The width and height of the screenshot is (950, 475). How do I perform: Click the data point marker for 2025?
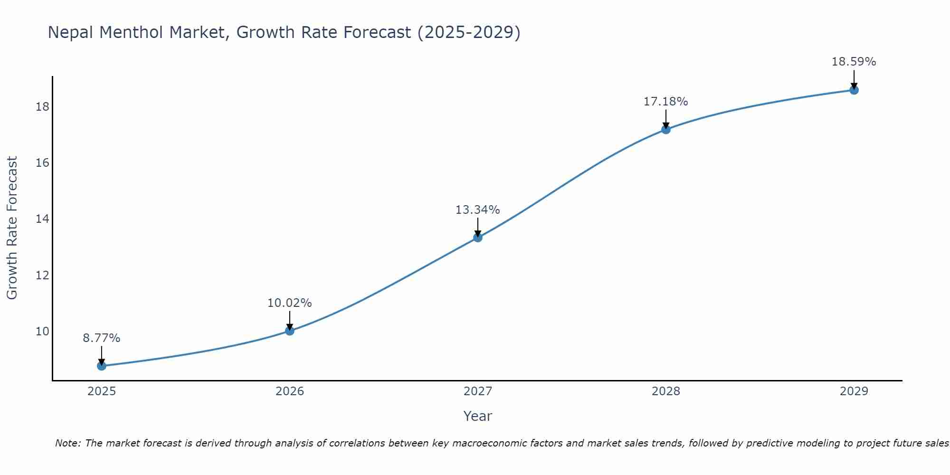pyautogui.click(x=102, y=366)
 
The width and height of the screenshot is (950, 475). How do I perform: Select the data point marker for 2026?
pyautogui.click(x=290, y=331)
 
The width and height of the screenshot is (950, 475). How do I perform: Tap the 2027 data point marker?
pyautogui.click(x=478, y=237)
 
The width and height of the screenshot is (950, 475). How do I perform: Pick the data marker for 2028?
pyautogui.click(x=666, y=129)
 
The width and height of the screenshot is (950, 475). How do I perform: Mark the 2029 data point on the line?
pyautogui.click(x=854, y=90)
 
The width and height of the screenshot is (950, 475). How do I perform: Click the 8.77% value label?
pyautogui.click(x=102, y=338)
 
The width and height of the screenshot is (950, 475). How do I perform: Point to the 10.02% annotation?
pyautogui.click(x=290, y=303)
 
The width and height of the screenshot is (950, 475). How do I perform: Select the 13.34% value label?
pyautogui.click(x=478, y=210)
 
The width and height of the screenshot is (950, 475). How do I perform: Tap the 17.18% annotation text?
pyautogui.click(x=666, y=102)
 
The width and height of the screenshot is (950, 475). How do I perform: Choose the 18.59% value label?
pyautogui.click(x=854, y=62)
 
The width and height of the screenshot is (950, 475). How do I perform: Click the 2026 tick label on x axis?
pyautogui.click(x=290, y=391)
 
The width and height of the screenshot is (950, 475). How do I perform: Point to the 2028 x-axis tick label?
pyautogui.click(x=666, y=391)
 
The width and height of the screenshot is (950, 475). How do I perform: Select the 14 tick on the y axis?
pyautogui.click(x=42, y=219)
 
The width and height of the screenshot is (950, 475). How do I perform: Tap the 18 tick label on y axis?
pyautogui.click(x=42, y=106)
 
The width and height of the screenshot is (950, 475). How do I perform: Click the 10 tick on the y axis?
pyautogui.click(x=42, y=331)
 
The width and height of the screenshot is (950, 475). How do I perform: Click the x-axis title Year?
pyautogui.click(x=478, y=416)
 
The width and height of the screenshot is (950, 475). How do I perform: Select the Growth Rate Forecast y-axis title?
pyautogui.click(x=12, y=228)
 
